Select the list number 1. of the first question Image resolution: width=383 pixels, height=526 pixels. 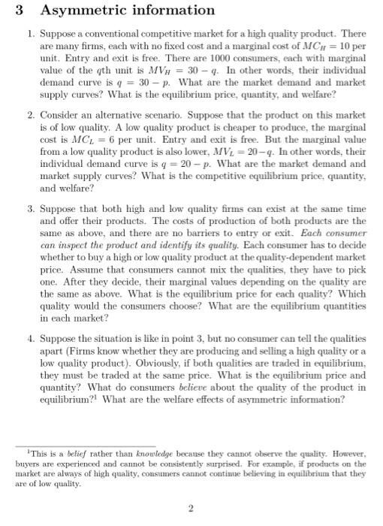click(x=29, y=35)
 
